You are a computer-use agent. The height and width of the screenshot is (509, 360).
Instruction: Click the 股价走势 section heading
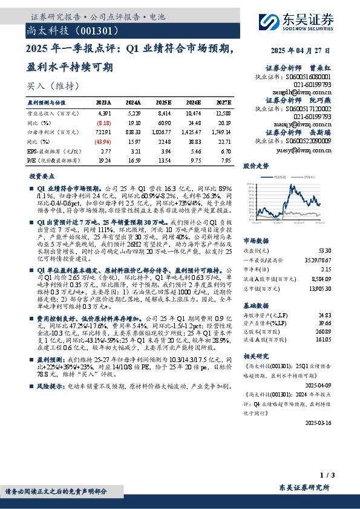(255, 165)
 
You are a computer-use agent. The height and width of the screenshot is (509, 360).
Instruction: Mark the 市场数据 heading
(255, 239)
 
